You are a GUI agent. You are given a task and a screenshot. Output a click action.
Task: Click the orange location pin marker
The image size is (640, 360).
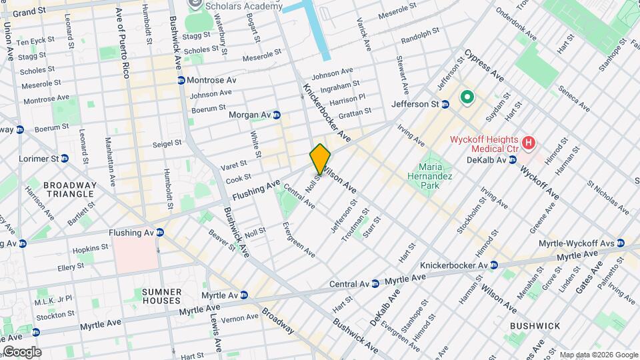coord(320,159)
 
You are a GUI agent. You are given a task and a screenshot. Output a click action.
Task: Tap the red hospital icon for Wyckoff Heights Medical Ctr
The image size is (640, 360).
coord(529,142)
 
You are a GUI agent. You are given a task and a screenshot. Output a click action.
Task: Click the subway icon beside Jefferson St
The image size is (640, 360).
coord(445,105)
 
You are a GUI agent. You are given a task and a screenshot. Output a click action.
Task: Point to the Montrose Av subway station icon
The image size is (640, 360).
coord(181,80)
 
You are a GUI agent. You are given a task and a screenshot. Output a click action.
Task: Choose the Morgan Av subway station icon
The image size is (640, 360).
coord(276,115)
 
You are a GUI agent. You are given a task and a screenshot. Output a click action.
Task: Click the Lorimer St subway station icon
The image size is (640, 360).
coord(65,159)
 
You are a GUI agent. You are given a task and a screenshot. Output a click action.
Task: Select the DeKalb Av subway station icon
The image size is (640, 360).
coord(512,160)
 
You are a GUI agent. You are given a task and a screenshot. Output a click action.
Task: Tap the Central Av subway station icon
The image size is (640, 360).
coord(375,283)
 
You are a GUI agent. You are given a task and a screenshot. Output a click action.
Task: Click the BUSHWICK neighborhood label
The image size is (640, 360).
coord(535,325)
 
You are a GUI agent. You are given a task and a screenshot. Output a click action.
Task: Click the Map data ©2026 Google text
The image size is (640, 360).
coord(598,355)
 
